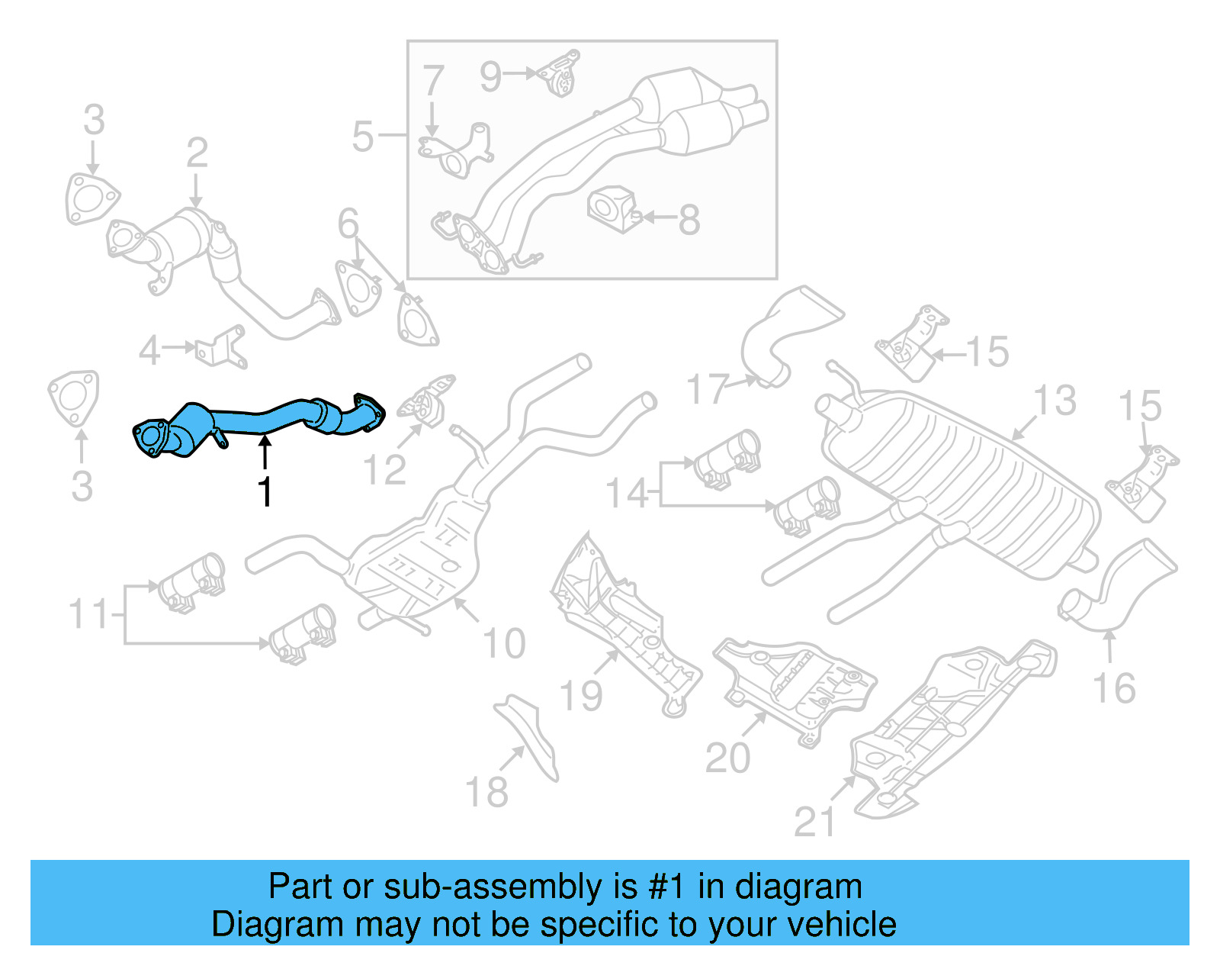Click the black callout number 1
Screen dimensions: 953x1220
click(265, 491)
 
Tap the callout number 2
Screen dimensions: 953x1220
click(197, 153)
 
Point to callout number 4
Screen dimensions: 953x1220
click(150, 350)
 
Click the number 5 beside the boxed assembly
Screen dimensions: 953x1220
click(363, 137)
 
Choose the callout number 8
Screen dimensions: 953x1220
click(689, 221)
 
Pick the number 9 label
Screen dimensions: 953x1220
click(491, 76)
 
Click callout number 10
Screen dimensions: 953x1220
click(505, 643)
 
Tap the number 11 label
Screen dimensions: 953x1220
click(88, 614)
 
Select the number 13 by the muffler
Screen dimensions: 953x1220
click(1055, 401)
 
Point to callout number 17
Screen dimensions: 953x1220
click(708, 389)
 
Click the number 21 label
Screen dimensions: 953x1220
click(814, 822)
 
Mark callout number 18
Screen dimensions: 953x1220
click(486, 792)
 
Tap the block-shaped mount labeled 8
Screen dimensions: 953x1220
click(612, 206)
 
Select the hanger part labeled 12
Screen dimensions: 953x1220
click(430, 401)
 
